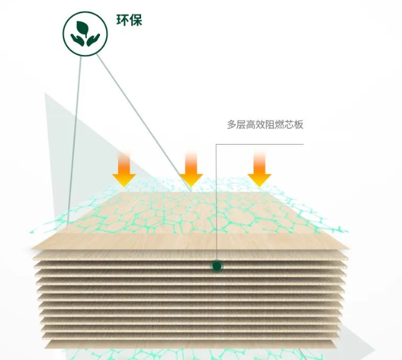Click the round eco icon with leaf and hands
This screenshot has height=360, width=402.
click(85, 34)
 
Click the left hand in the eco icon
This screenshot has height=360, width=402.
click(77, 41)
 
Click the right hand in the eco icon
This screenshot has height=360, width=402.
click(93, 40)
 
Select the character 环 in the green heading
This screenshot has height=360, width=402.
click(122, 20)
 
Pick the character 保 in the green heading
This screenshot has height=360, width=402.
click(135, 20)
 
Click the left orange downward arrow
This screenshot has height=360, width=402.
click(124, 169)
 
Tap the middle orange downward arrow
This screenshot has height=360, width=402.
click(191, 169)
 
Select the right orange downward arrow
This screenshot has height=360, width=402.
click(259, 169)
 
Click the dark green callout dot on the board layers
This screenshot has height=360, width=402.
click(217, 266)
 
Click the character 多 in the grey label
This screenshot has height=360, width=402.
click(232, 125)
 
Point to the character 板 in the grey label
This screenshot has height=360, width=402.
click(298, 125)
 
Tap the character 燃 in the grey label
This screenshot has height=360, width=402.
click(280, 125)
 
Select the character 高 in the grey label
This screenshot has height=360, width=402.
click(251, 125)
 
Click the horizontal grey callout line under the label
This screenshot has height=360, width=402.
click(260, 144)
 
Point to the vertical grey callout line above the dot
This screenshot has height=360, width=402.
click(216, 203)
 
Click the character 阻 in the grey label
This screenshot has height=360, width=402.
click(270, 125)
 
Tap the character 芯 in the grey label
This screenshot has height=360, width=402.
click(289, 125)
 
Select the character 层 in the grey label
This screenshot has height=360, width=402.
click(241, 125)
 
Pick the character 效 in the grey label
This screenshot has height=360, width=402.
click(260, 125)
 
